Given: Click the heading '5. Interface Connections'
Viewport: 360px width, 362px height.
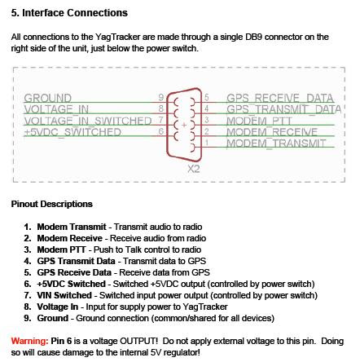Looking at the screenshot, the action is pyautogui.click(x=69, y=13).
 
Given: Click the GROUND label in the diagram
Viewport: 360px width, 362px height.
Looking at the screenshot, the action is pyautogui.click(x=48, y=98).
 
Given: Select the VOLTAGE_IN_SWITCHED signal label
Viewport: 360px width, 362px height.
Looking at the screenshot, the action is pyautogui.click(x=88, y=121).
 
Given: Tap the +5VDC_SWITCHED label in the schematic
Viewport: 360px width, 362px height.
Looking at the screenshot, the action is pyautogui.click(x=72, y=132).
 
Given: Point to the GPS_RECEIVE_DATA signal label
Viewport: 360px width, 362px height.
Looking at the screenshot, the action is pyautogui.click(x=280, y=98).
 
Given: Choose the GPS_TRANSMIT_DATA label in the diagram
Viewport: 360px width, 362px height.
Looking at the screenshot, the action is pyautogui.click(x=283, y=109).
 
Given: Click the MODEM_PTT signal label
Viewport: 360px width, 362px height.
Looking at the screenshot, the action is pyautogui.click(x=259, y=121).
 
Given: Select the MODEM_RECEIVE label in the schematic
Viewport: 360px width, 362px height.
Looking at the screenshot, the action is pyautogui.click(x=272, y=132).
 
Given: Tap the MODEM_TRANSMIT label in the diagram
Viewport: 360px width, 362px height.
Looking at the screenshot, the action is pyautogui.click(x=276, y=143).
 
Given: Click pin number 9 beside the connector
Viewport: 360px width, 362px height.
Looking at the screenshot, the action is pyautogui.click(x=161, y=97).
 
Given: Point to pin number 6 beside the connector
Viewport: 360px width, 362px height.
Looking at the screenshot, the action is pyautogui.click(x=161, y=131).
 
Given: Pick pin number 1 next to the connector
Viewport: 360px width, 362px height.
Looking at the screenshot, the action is pyautogui.click(x=207, y=142).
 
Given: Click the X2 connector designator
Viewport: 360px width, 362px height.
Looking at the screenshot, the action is pyautogui.click(x=194, y=169).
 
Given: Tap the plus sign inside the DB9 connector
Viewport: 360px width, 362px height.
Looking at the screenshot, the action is pyautogui.click(x=184, y=125).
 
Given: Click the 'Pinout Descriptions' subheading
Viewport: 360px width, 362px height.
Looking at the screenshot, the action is pyautogui.click(x=52, y=204).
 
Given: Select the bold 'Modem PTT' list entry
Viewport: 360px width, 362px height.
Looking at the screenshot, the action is pyautogui.click(x=61, y=249).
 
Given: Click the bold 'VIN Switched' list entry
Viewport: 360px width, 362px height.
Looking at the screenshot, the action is pyautogui.click(x=64, y=295).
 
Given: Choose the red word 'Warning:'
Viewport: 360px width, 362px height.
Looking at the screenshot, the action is pyautogui.click(x=30, y=341).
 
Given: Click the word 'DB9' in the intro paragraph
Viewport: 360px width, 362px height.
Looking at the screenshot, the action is pyautogui.click(x=253, y=37).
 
